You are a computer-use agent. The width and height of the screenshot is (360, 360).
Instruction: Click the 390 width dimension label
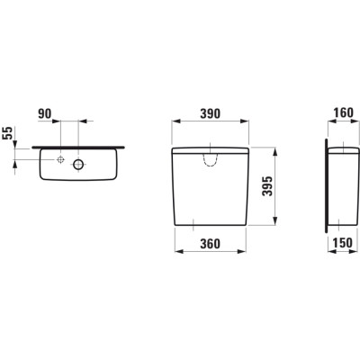tap(210, 114)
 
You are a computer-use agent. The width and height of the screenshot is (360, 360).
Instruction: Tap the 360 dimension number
tap(210, 244)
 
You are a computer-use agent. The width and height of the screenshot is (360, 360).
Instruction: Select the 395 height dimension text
tap(267, 186)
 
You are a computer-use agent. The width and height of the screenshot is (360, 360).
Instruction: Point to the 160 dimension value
tap(343, 112)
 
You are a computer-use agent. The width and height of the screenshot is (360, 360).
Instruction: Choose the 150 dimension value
tap(343, 243)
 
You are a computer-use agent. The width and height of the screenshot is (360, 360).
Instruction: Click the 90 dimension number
tap(45, 113)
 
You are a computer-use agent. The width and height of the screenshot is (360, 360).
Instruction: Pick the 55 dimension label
tap(8, 133)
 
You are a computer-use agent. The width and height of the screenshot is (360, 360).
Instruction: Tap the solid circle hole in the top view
tap(78, 164)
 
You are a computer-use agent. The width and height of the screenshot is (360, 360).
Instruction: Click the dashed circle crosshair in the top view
tap(60, 159)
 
